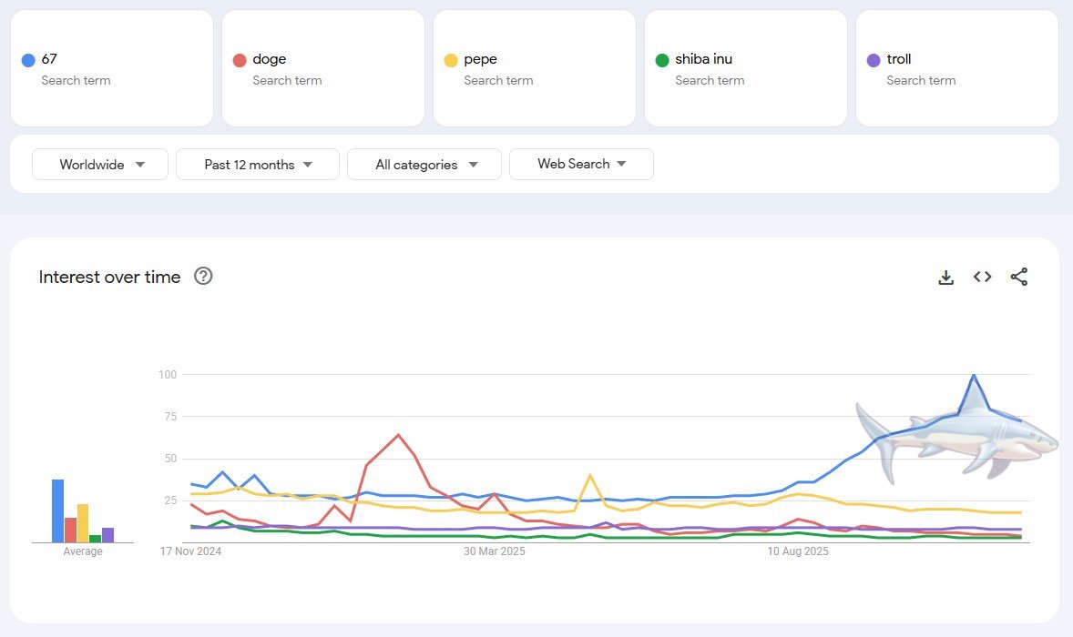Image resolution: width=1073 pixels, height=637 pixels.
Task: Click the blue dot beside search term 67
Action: pos(28,60)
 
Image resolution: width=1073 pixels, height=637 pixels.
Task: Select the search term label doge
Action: pos(269,59)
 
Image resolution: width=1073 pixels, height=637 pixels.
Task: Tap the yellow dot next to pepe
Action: pos(451,60)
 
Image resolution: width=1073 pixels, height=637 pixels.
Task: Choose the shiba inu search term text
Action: pos(703,59)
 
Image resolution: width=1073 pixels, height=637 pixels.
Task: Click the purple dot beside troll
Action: pos(874,60)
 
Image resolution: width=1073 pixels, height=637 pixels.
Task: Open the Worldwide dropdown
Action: pos(100,165)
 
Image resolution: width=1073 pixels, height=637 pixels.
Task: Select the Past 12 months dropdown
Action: pos(258,165)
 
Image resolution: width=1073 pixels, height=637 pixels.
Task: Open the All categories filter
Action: pos(424,165)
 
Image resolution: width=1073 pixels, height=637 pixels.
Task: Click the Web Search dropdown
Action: pos(581,164)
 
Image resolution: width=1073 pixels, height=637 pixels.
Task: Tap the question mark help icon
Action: pos(203,277)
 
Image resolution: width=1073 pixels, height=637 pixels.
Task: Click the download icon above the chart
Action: pos(945,278)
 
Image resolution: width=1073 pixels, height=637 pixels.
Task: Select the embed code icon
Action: pos(982,277)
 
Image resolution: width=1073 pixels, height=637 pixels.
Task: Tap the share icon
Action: pos(1019,277)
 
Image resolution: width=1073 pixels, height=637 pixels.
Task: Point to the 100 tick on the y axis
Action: pos(167,374)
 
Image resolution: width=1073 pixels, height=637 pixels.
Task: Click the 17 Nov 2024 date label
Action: pos(191,551)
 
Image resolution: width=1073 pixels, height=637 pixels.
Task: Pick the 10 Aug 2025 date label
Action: pos(798,551)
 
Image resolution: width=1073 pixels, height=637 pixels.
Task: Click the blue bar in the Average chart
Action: pos(57,511)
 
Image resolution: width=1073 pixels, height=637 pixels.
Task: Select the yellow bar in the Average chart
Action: pos(83,522)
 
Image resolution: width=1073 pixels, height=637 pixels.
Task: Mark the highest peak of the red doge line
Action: pos(398,435)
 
